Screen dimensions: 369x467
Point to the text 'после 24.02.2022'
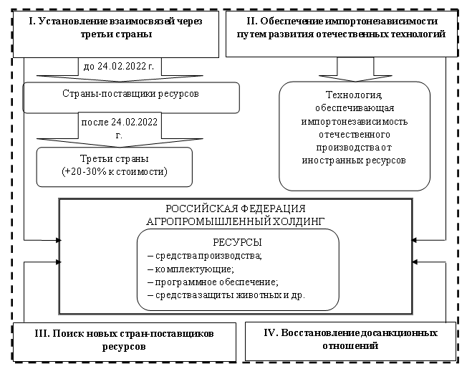point(118,123)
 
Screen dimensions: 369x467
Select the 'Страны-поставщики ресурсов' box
point(132,95)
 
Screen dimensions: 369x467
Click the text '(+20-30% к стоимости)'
point(115,173)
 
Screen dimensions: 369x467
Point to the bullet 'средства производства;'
point(205,256)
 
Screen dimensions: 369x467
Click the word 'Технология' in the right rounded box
point(354,95)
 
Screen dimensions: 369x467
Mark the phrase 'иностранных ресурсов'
point(354,160)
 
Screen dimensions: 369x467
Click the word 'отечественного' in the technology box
point(354,134)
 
